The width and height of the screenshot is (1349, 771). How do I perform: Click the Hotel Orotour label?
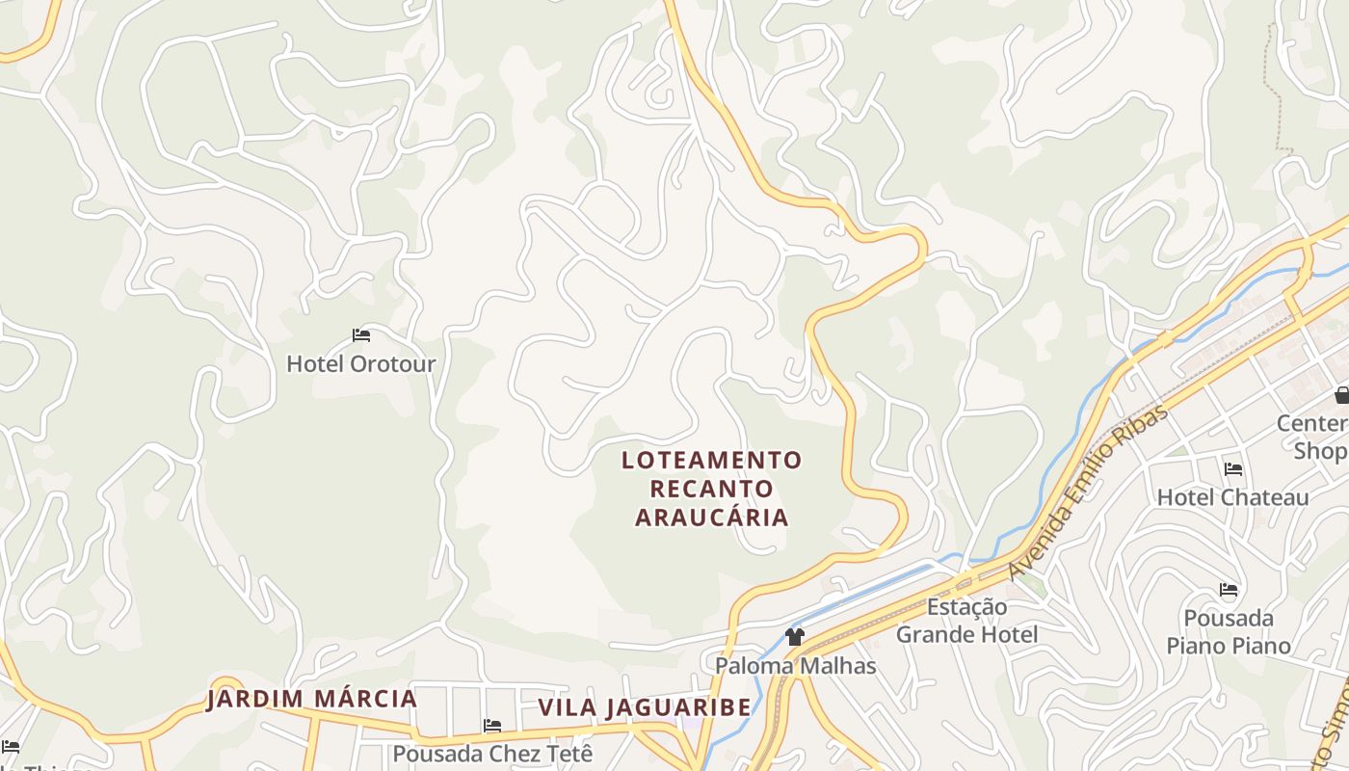[x=360, y=364]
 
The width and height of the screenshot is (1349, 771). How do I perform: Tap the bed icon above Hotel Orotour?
[x=361, y=335]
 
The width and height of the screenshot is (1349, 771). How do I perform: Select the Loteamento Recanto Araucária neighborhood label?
[x=712, y=489]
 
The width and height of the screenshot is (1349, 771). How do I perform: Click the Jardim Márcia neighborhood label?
[x=312, y=699]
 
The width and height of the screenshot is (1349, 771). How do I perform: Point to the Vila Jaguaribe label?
[x=644, y=707]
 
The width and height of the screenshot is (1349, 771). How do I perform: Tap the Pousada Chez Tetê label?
[x=493, y=753]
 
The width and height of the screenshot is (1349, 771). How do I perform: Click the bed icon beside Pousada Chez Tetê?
[x=492, y=726]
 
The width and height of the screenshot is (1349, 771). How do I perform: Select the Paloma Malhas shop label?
[x=795, y=665]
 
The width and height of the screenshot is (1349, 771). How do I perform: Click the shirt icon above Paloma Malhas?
[x=795, y=636]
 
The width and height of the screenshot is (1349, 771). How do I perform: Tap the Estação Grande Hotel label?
[x=967, y=621]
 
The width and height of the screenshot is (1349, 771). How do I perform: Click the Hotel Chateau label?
[x=1232, y=497]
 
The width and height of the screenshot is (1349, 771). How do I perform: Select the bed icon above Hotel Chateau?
[x=1233, y=469]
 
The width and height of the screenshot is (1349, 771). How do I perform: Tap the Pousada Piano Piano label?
[x=1229, y=631]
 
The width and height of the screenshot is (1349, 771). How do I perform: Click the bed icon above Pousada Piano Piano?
[x=1229, y=590]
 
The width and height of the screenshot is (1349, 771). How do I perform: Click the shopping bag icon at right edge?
[x=1342, y=394]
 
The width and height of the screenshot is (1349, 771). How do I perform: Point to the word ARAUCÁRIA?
[x=712, y=518]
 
